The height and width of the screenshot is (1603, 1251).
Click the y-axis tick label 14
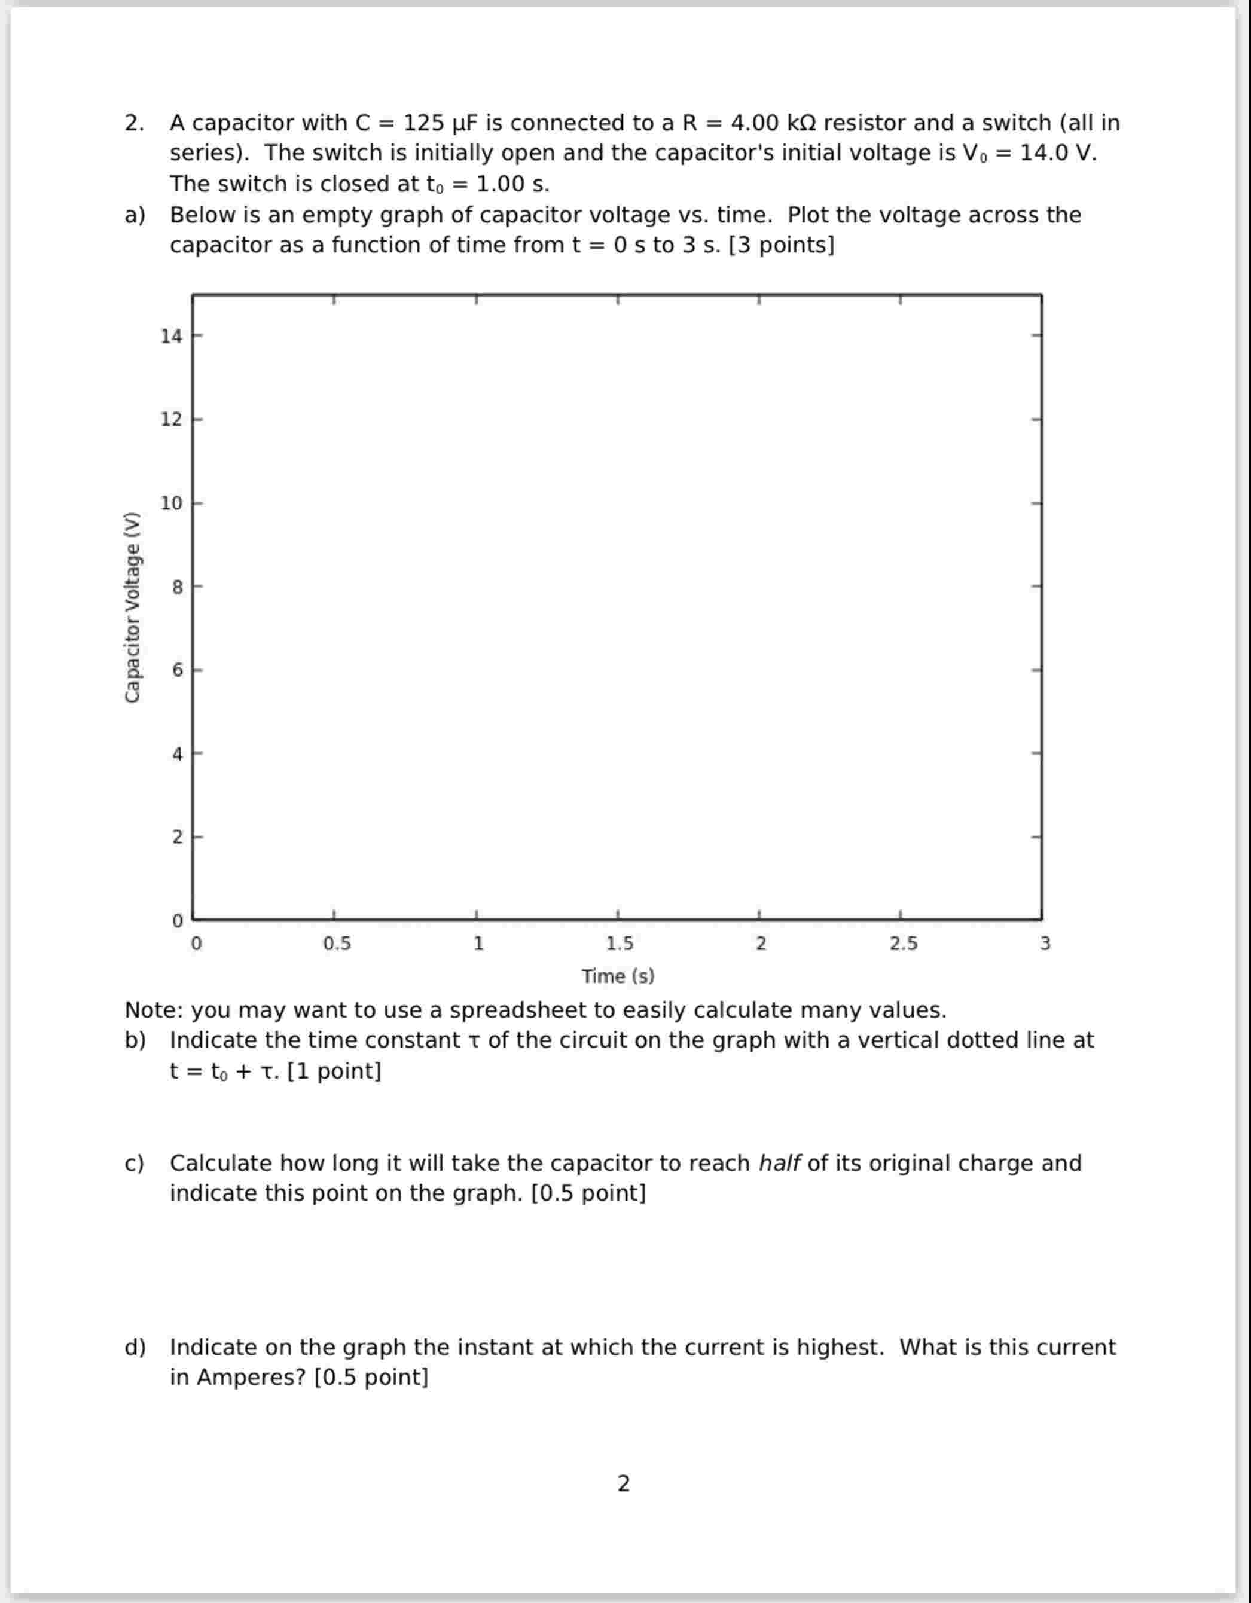(171, 336)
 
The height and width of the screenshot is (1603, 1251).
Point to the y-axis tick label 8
(177, 587)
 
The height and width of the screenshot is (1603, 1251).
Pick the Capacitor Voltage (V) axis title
(132, 607)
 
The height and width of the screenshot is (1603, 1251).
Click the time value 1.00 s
(512, 184)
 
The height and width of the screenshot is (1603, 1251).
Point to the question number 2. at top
(135, 123)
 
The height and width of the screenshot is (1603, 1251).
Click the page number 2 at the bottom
(623, 1484)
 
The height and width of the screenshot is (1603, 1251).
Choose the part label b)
(135, 1041)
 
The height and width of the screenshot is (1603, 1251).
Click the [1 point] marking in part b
(334, 1071)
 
